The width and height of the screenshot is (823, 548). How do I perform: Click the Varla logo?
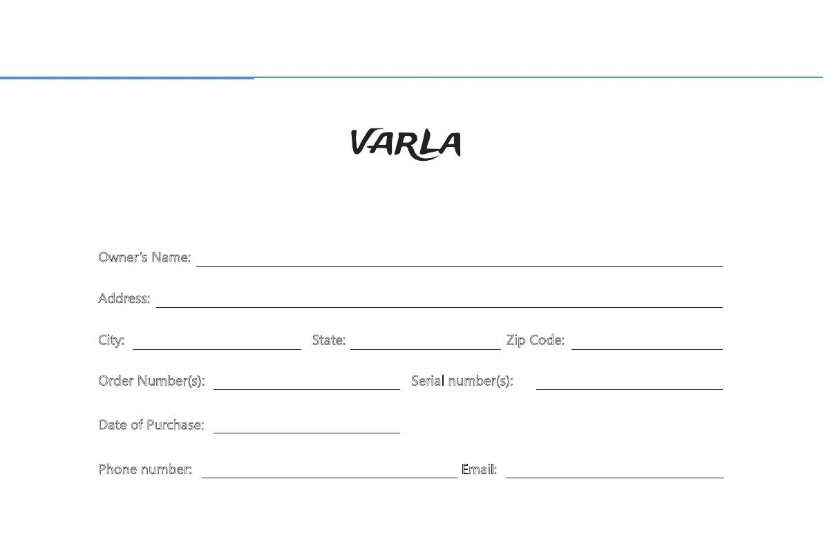405,144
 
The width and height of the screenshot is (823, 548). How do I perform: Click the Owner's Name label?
144,257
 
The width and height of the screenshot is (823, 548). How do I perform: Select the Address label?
124,298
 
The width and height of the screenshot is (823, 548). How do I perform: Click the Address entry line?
439,303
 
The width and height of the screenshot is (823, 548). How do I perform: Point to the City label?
111,340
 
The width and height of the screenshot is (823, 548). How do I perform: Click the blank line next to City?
216,345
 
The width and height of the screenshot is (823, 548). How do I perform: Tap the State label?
328,340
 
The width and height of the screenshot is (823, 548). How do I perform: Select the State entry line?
425,345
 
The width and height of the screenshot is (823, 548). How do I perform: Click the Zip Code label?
535,340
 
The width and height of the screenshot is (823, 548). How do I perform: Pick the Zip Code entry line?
647,345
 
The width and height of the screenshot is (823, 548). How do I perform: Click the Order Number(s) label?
151,381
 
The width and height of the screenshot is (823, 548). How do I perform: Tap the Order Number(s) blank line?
307,385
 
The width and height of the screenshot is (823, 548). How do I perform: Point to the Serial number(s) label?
462,381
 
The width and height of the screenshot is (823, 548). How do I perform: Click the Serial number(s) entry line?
629,385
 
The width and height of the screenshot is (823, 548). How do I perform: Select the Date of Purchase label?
151,424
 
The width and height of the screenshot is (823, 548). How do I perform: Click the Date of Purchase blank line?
307,429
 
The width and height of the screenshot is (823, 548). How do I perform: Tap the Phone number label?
145,469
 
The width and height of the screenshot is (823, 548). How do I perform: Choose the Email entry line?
615,473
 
